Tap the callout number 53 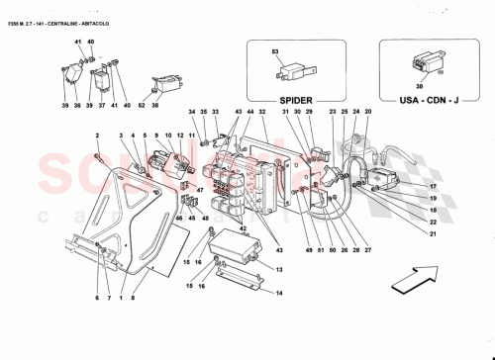[x=276, y=49]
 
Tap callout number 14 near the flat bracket [x=279, y=293]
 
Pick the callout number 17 [x=433, y=186]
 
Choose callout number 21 [x=433, y=234]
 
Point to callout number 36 [x=76, y=105]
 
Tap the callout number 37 [x=100, y=105]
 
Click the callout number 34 [x=191, y=113]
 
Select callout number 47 [x=199, y=190]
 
